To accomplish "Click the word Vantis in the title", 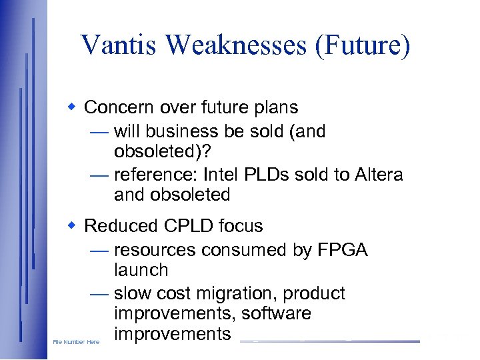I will (118, 45).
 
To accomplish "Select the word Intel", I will (224, 175).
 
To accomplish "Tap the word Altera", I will (378, 175).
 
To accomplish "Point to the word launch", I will (141, 270).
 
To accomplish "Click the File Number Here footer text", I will (76, 342).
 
